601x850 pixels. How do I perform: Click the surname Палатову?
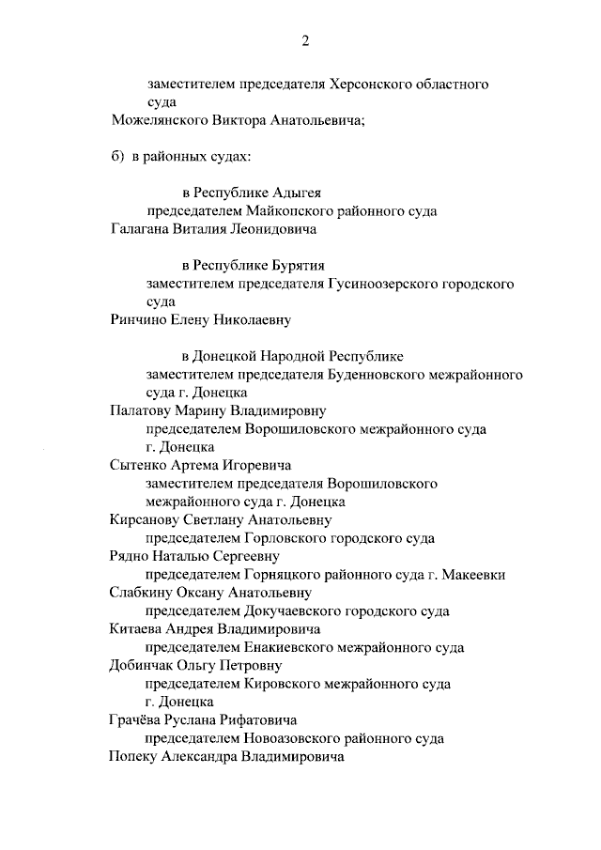coord(143,410)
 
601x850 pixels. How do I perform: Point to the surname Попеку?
coord(134,756)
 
